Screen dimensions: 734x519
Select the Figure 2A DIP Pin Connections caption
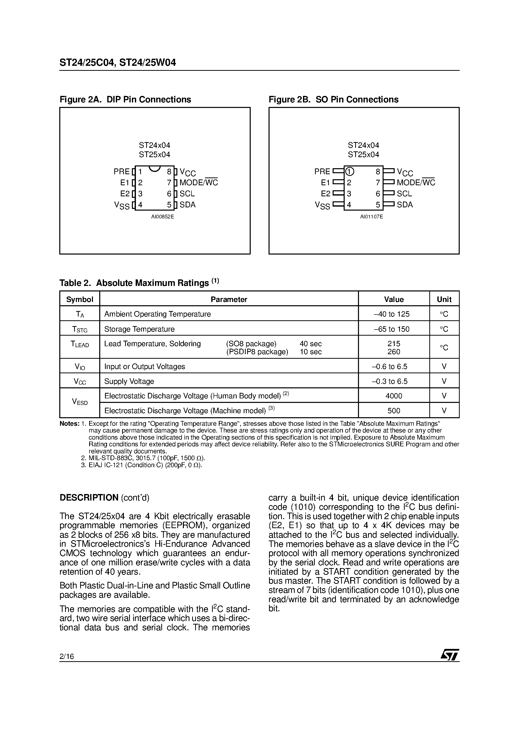click(x=125, y=99)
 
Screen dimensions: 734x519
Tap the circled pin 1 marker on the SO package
click(x=350, y=172)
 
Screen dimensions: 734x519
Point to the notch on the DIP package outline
click(x=154, y=168)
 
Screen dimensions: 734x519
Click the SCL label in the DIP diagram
click(x=187, y=194)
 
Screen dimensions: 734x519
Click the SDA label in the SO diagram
click(x=404, y=205)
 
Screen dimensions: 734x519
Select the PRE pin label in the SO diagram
click(x=322, y=172)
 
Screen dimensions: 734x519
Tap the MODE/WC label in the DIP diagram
click(x=198, y=182)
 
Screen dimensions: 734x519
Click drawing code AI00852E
click(x=163, y=217)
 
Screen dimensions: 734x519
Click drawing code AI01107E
click(x=372, y=217)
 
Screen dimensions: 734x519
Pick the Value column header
click(x=394, y=299)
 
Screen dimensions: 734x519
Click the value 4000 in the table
click(x=394, y=396)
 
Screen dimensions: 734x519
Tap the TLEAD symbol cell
click(x=80, y=345)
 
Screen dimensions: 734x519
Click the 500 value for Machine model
click(x=394, y=411)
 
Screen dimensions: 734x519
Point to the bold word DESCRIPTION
click(x=89, y=498)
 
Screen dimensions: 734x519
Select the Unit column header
click(x=444, y=299)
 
